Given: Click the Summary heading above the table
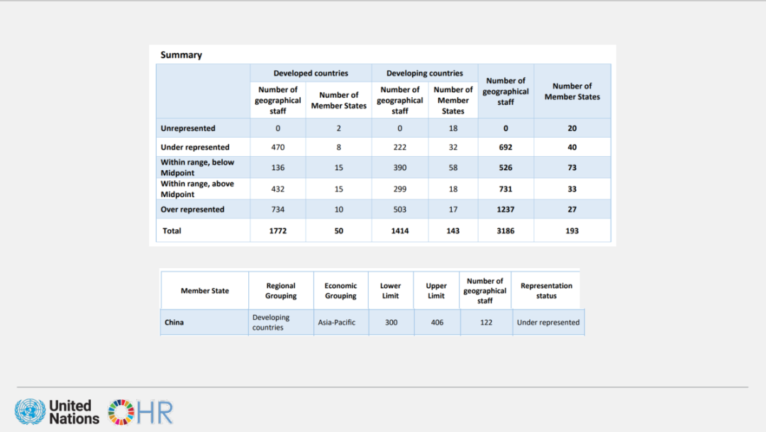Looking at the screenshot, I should tap(181, 55).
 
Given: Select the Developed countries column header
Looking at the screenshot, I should tap(311, 73).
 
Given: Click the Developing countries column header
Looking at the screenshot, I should tap(424, 73).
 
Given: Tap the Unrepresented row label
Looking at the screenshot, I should tap(188, 128).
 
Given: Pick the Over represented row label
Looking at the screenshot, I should tap(192, 209).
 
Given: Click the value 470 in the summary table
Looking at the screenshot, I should tap(278, 148).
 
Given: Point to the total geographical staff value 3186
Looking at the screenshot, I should tap(506, 231).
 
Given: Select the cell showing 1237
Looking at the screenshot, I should tap(506, 209).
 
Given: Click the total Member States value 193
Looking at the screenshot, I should tap(572, 231).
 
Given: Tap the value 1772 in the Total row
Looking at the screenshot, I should tap(278, 231).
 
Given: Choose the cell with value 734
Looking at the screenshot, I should tap(278, 209).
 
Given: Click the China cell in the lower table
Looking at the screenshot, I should tap(174, 322).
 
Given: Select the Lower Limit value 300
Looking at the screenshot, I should tap(391, 322).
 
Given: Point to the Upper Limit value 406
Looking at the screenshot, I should tap(437, 322).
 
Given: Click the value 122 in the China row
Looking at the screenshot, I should tap(485, 322).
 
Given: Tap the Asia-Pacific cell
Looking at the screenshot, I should tap(337, 322).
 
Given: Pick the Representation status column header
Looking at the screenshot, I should tap(546, 291).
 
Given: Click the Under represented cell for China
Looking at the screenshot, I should tap(548, 322).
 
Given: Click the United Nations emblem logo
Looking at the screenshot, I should tap(30, 412).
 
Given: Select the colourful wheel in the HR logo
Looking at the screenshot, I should tap(121, 412).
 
